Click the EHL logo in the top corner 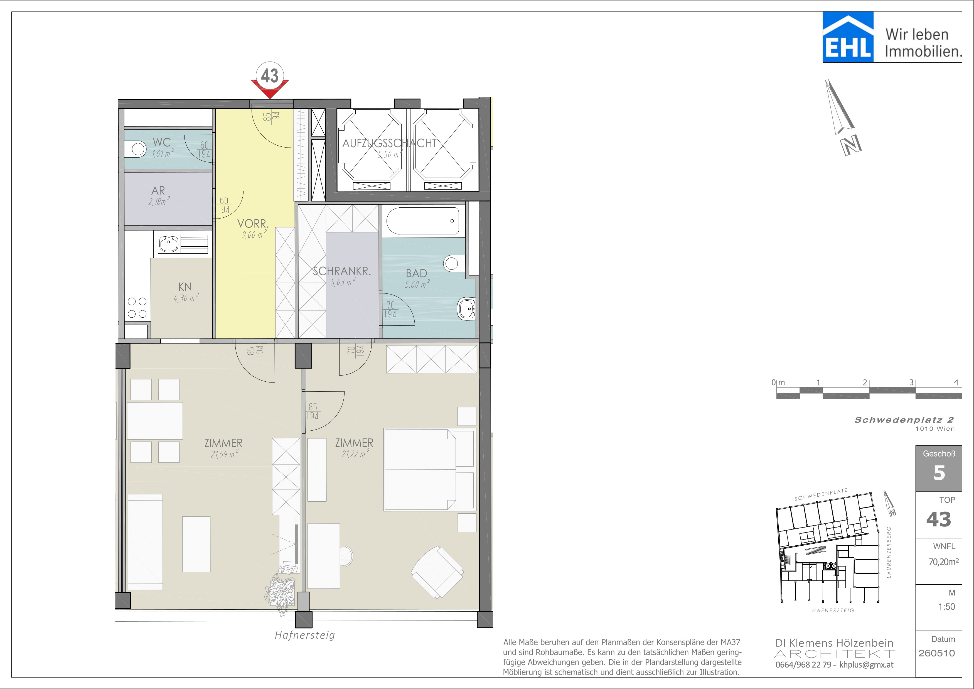(x=848, y=37)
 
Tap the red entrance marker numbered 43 (x=270, y=81)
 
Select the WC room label (x=162, y=143)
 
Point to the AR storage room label (x=158, y=191)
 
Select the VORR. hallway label (x=253, y=224)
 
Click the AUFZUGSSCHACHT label (x=389, y=143)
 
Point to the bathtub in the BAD (x=422, y=220)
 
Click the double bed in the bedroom (x=429, y=469)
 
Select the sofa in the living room (x=145, y=542)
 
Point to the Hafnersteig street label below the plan (x=305, y=635)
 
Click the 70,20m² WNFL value (x=943, y=562)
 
